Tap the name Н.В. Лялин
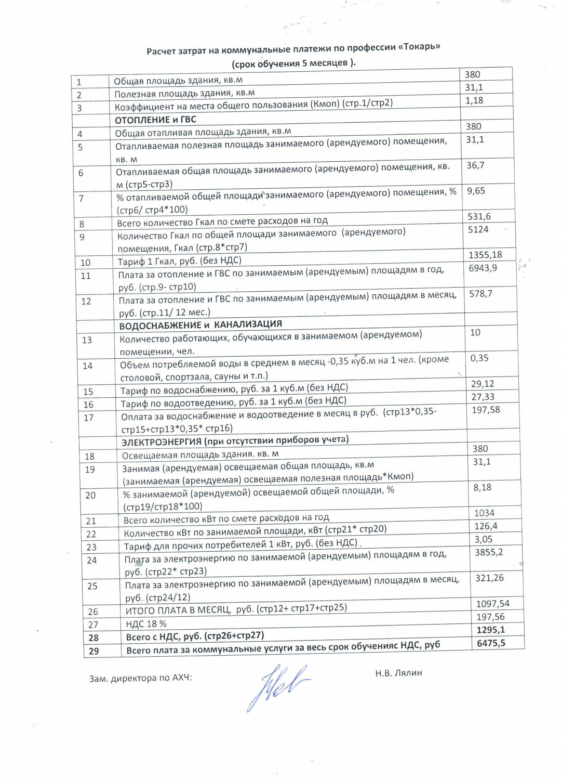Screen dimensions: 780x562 tap(398, 672)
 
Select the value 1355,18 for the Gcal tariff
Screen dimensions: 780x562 tap(485, 255)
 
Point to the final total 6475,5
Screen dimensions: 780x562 tap(491, 643)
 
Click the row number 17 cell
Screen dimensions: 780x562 tap(89, 418)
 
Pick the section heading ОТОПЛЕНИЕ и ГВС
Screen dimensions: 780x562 tap(156, 120)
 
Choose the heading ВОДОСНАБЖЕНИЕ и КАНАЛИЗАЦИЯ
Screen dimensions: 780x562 tap(200, 325)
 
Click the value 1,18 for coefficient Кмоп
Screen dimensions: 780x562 tap(474, 100)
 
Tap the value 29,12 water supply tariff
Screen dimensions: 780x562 tap(483, 384)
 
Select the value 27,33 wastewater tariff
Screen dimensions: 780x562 tap(483, 397)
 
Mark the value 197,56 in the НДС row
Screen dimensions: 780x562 tap(491, 617)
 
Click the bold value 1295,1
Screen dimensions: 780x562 tap(491, 630)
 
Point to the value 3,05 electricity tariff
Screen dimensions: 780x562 tap(484, 539)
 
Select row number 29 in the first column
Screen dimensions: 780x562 tap(93, 651)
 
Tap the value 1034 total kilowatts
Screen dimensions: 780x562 tap(484, 513)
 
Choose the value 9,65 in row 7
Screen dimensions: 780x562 tap(476, 191)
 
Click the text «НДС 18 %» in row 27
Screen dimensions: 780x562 tap(146, 623)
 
